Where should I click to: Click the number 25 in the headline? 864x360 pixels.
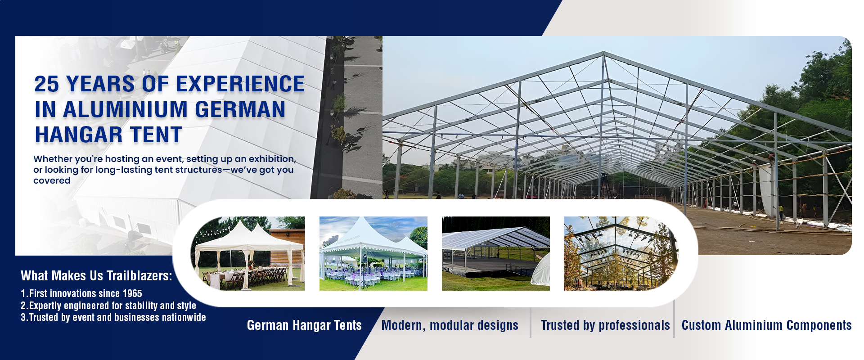pos(47,84)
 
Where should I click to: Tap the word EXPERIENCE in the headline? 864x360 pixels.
pos(240,84)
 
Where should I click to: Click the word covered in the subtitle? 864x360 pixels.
pos(52,180)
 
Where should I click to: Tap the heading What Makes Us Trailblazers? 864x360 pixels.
pos(96,275)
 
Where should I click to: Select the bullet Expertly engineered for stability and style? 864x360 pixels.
pos(108,306)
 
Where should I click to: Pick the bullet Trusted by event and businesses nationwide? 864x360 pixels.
pos(113,317)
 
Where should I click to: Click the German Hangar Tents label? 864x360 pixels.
pos(304,325)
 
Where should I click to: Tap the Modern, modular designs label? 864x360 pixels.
pos(450,325)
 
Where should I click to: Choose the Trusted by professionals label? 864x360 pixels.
pos(605,325)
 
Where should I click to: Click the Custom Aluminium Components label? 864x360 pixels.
pos(766,325)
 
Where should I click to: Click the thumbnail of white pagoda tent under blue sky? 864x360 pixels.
pos(373,253)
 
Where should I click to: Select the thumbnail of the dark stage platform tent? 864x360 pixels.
pos(496,253)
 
